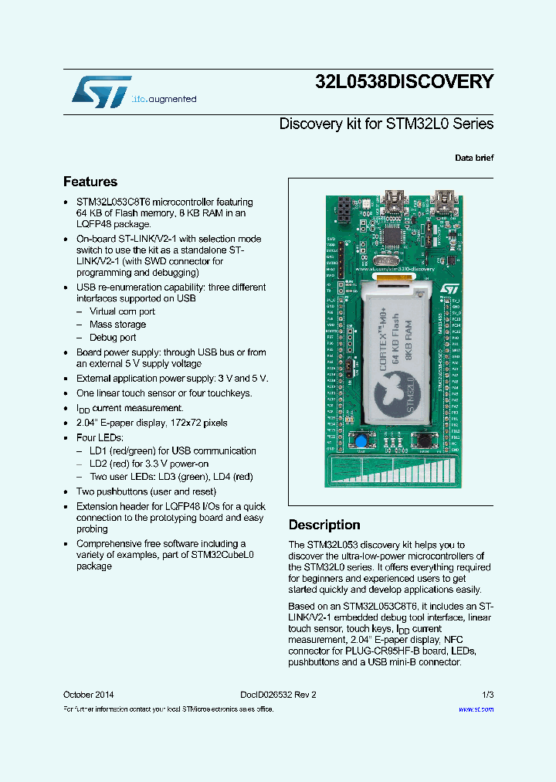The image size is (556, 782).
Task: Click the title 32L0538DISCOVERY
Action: [404, 82]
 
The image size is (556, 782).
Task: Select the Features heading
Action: [90, 182]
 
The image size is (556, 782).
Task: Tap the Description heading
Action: [324, 525]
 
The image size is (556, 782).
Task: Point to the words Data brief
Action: [474, 158]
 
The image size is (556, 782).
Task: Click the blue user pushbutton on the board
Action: [360, 440]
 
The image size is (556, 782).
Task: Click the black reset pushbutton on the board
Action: [423, 440]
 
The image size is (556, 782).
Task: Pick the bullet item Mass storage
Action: [117, 325]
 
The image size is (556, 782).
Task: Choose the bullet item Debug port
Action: [113, 338]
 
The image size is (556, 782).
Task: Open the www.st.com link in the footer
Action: [476, 709]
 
